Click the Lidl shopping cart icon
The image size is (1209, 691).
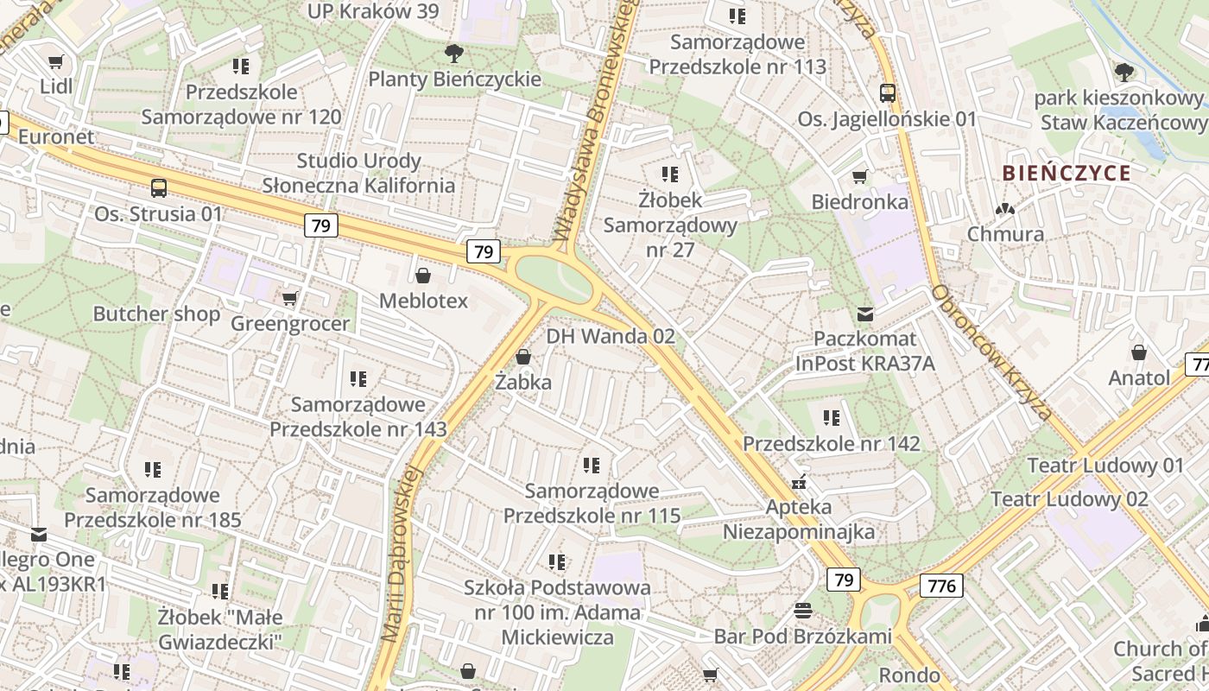click(56, 62)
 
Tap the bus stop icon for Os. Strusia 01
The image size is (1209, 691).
click(158, 188)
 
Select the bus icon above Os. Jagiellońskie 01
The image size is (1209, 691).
click(887, 93)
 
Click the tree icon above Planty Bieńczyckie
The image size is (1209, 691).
click(453, 54)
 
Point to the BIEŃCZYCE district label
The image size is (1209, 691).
click(1067, 173)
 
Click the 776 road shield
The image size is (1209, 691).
click(941, 586)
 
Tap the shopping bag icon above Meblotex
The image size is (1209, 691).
click(423, 276)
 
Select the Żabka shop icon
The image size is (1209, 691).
click(522, 357)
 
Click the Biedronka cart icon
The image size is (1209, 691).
click(859, 177)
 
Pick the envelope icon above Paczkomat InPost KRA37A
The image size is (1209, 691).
click(864, 314)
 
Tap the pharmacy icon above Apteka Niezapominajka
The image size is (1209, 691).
click(799, 482)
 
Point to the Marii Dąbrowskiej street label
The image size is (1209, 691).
click(402, 553)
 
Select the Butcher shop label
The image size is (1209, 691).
click(156, 314)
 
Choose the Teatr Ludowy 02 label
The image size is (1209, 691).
click(1069, 499)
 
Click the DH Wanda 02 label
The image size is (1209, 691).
click(611, 336)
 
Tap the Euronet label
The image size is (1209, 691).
click(56, 136)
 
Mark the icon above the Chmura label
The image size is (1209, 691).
click(1004, 209)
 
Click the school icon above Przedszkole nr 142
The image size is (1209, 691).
click(831, 418)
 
